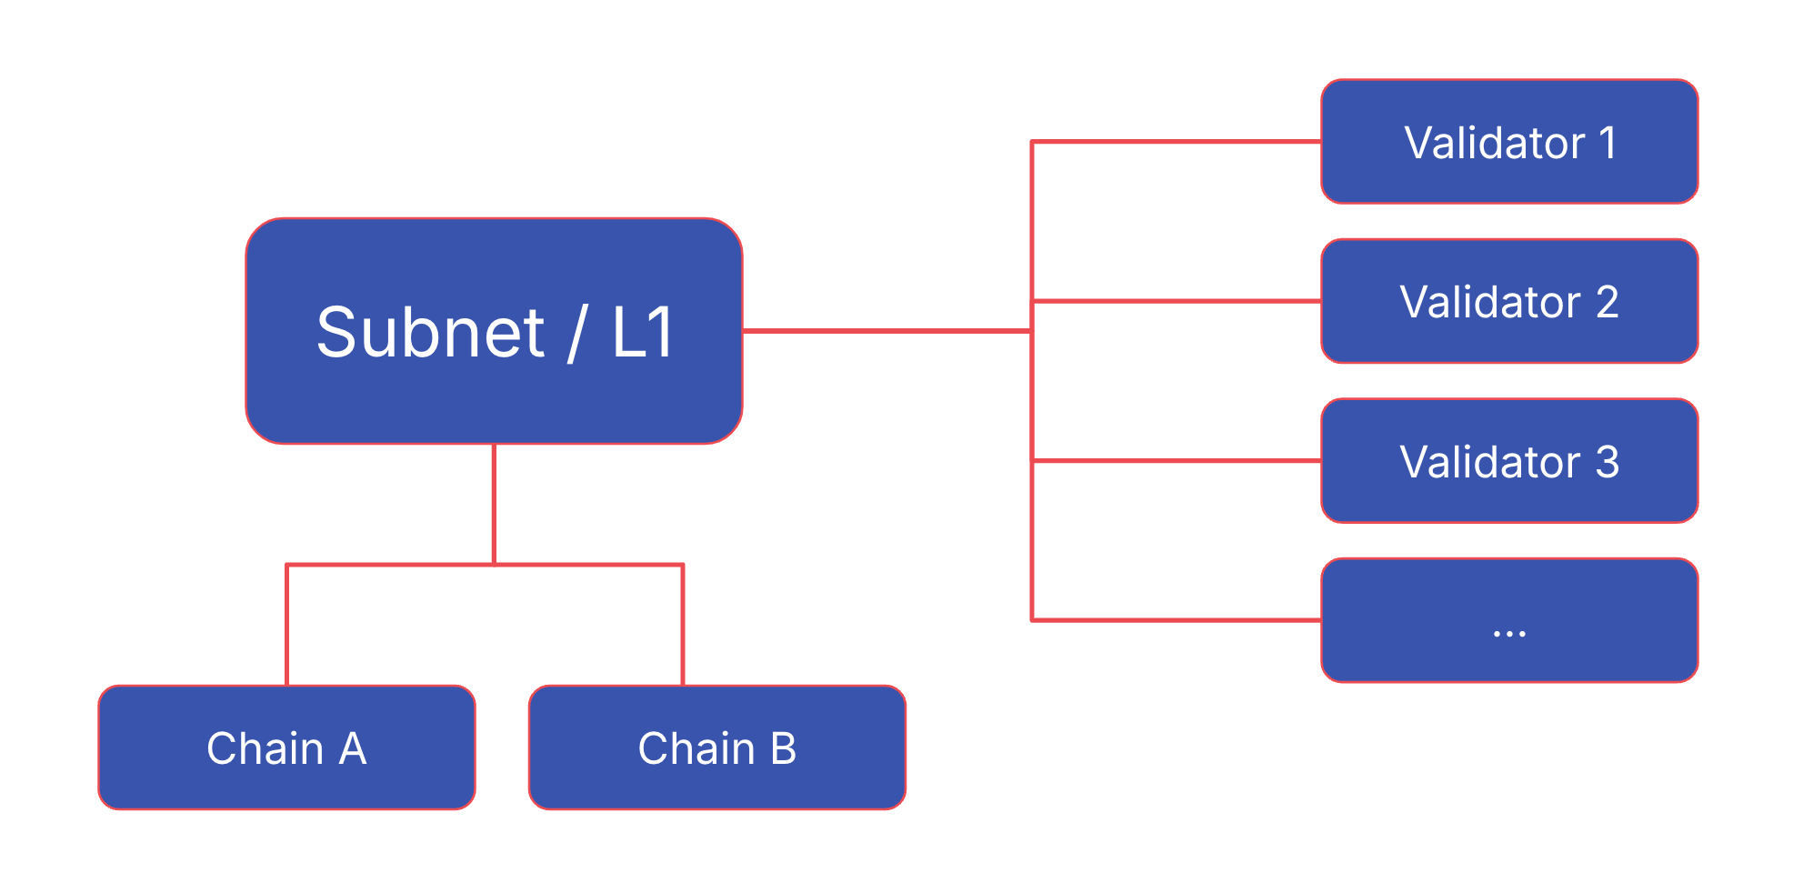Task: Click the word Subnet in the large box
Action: click(430, 333)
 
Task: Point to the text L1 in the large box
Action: click(642, 333)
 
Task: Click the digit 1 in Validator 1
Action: click(1608, 143)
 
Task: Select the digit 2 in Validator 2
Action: click(1607, 302)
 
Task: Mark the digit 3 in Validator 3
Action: click(1607, 462)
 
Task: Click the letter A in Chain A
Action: click(353, 749)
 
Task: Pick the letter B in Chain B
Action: click(783, 749)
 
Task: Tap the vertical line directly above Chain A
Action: click(286, 627)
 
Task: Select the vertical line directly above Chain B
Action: click(683, 627)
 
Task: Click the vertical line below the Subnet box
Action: click(494, 505)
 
